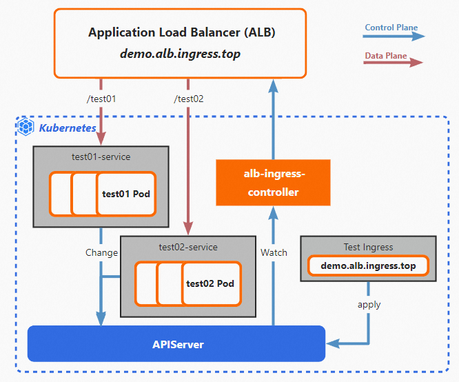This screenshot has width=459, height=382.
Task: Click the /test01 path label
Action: coord(101,99)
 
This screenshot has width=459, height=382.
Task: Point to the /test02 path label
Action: coord(189,99)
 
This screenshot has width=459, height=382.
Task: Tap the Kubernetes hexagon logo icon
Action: coord(26,127)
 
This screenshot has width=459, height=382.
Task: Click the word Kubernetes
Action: coord(68,128)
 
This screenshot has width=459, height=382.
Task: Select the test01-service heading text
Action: coord(101,157)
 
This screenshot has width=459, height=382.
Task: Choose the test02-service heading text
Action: coord(188,247)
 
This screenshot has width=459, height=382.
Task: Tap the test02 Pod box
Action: coord(210,283)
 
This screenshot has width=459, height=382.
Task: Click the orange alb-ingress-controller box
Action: coord(273,183)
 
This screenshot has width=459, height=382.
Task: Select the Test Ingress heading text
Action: coord(368,247)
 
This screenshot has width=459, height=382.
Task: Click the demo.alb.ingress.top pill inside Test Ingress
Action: coord(368,265)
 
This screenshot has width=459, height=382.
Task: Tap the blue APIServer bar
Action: coord(176,343)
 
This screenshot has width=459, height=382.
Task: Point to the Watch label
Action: coord(274,252)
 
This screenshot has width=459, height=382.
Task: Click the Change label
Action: coord(101,252)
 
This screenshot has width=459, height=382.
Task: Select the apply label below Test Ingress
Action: coord(369,304)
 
